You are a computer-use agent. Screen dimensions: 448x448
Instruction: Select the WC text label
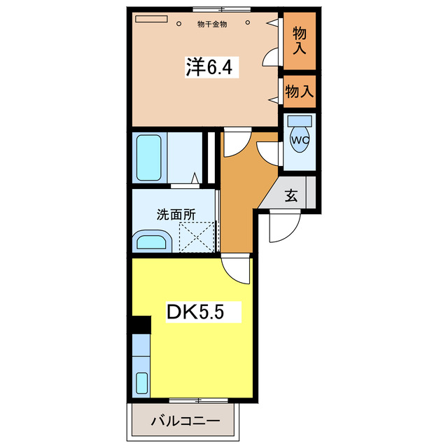click(300, 139)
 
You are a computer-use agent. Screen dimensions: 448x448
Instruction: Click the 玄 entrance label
click(291, 196)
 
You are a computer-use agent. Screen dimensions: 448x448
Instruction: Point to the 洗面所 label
click(174, 215)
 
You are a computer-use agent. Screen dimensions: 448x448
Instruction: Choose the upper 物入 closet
click(300, 41)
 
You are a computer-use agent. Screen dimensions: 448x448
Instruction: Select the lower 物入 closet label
click(300, 91)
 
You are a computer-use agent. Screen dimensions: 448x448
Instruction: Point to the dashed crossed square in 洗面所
click(195, 235)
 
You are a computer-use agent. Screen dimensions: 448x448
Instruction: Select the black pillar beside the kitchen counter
click(141, 325)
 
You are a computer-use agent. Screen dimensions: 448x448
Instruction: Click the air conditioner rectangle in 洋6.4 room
click(153, 20)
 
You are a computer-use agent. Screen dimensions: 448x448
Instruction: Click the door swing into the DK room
click(236, 269)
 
